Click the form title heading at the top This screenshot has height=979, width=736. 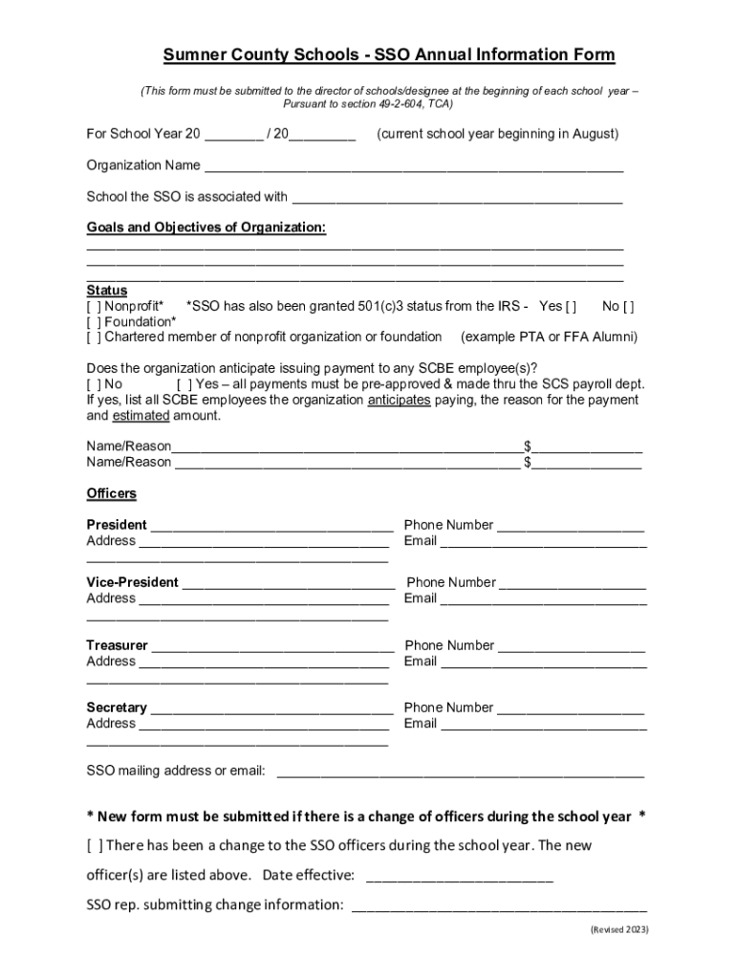click(388, 54)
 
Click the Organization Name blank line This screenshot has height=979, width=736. click(413, 166)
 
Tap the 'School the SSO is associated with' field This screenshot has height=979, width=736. click(457, 198)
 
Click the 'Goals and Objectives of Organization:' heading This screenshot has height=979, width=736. click(206, 228)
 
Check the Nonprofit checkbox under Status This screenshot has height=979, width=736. click(95, 307)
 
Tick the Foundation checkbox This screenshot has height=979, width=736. click(95, 322)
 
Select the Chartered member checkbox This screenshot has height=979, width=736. click(95, 337)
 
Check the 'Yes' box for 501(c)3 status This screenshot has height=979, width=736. click(571, 307)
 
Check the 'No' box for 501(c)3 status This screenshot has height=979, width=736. click(628, 307)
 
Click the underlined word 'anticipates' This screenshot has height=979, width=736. click(399, 401)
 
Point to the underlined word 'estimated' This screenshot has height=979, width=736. click(141, 416)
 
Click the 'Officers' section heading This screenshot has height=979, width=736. click(112, 494)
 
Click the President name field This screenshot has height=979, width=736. click(271, 526)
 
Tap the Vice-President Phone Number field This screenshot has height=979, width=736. click(573, 583)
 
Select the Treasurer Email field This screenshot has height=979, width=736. click(543, 662)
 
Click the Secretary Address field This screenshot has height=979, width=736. click(264, 725)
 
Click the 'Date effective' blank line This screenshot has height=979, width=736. click(459, 876)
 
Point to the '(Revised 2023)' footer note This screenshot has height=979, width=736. click(618, 929)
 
